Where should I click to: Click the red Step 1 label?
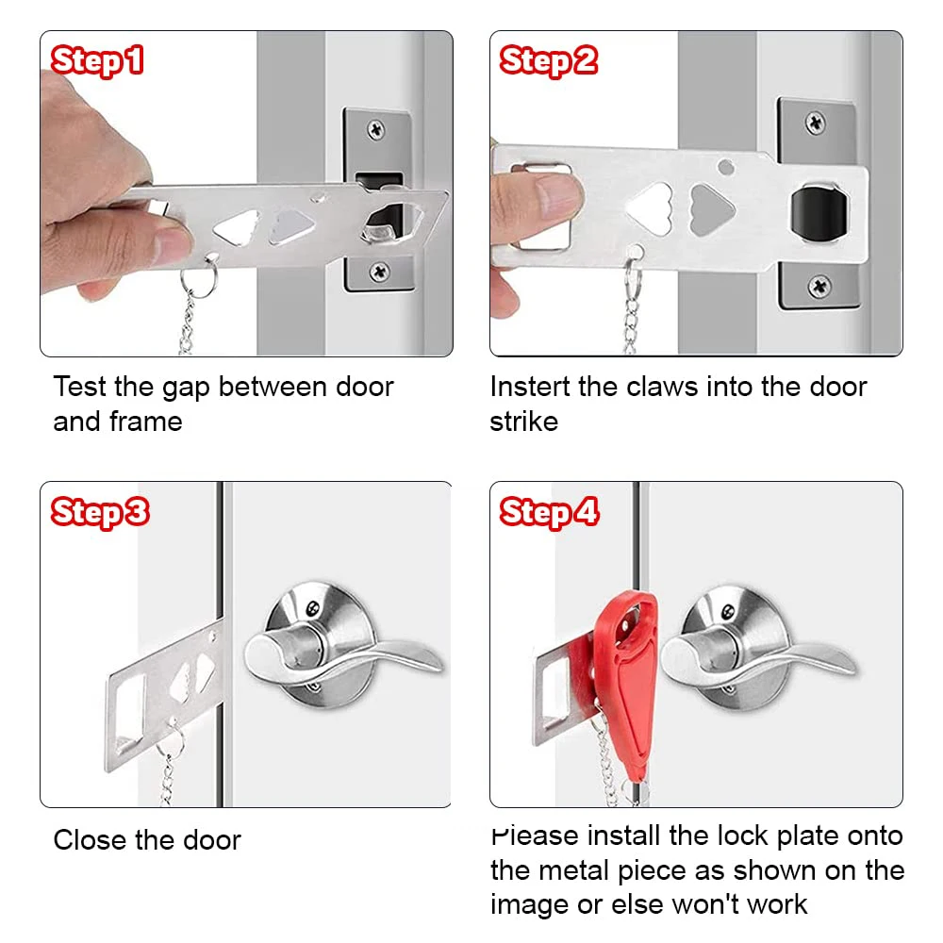[x=97, y=62]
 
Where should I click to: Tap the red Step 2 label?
[x=548, y=62]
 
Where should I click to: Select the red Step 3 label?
[x=99, y=512]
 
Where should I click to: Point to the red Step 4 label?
[x=549, y=512]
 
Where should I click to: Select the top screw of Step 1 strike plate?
[x=375, y=128]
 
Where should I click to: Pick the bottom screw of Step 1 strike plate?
[x=379, y=271]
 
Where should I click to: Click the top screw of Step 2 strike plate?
[x=815, y=123]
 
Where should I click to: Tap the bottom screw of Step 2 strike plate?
[x=819, y=286]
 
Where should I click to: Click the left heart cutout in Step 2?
[x=648, y=208]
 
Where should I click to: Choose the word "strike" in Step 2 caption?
[x=523, y=422]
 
